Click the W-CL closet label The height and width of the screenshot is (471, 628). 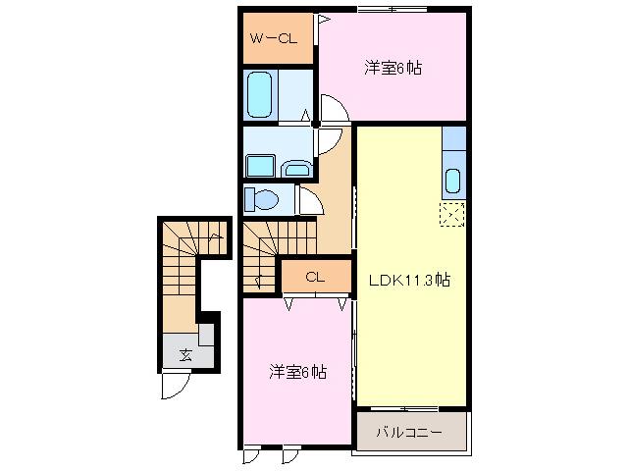click(274, 38)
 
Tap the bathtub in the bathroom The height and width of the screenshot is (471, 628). click(259, 94)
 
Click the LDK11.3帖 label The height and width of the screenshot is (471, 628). click(409, 280)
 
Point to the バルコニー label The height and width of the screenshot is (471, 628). click(409, 432)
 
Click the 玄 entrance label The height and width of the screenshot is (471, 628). click(185, 355)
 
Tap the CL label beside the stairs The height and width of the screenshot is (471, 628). click(315, 277)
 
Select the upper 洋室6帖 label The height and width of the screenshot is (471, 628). click(392, 68)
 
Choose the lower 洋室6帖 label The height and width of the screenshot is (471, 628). click(297, 372)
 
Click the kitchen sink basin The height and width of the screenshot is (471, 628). click(453, 181)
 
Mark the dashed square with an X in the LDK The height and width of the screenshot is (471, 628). click(452, 214)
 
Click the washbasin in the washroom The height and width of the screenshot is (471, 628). click(296, 169)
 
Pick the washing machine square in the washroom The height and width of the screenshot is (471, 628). click(260, 166)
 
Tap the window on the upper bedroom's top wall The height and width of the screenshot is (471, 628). click(392, 9)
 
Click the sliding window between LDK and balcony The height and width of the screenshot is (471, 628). click(404, 409)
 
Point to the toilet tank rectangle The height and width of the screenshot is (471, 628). click(249, 200)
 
